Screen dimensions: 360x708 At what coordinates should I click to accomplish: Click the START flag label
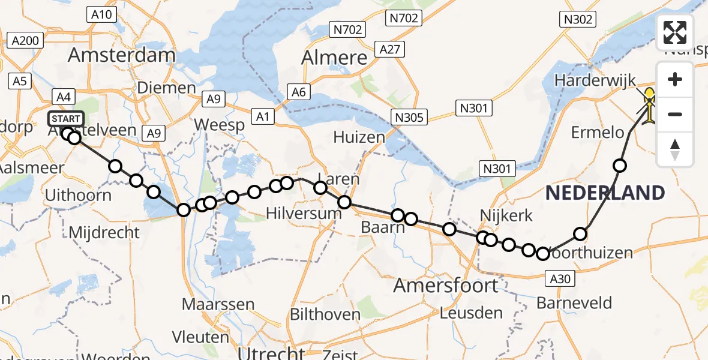tap(66, 118)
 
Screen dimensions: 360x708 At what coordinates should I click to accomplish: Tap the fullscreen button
tap(675, 32)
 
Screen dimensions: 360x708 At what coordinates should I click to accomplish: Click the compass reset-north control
tap(675, 149)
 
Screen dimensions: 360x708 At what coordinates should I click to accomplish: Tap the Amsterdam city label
tap(122, 55)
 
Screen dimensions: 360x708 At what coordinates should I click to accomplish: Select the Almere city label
tap(334, 58)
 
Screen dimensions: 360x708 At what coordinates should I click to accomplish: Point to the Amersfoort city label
tap(446, 285)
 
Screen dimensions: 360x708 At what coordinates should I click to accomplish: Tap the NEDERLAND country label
tap(605, 193)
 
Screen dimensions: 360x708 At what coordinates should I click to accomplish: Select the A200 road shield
tap(25, 41)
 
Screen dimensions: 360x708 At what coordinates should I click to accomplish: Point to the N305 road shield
tap(410, 117)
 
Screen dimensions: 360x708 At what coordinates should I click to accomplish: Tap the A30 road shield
tap(561, 278)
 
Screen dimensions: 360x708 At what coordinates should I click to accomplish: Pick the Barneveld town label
tap(574, 302)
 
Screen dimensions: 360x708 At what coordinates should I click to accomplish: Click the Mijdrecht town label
tap(104, 232)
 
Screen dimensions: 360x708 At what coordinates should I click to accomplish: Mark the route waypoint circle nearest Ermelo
tap(620, 165)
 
